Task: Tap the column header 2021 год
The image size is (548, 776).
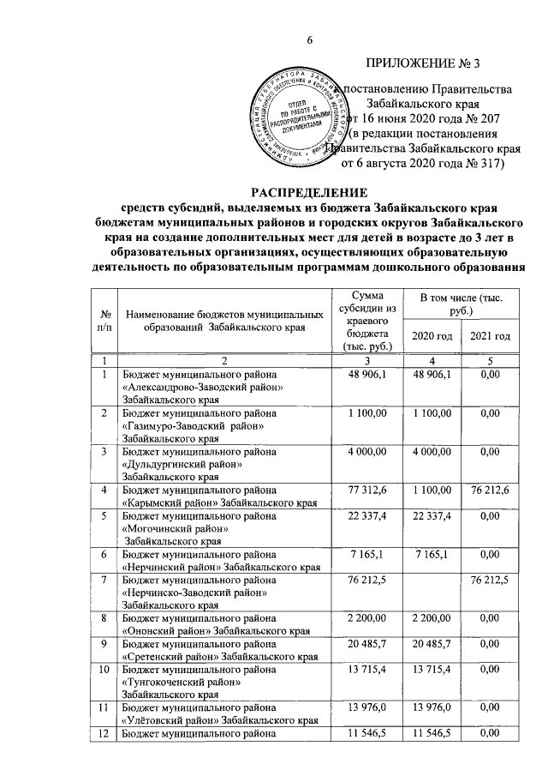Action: pos(490,335)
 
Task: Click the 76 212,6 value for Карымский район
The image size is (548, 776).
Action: pos(490,490)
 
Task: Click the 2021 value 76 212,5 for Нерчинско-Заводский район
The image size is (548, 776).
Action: pos(490,581)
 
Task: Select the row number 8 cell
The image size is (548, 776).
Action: pos(104,618)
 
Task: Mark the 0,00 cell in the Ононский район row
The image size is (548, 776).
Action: pos(490,618)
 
